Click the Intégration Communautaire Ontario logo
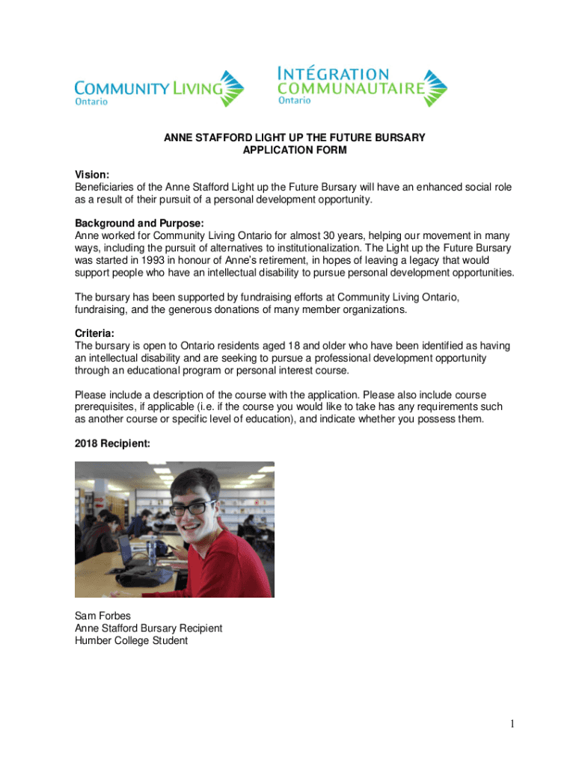361,87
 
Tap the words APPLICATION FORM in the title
295,150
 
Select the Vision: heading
91,174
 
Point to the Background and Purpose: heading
139,223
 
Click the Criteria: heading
96,333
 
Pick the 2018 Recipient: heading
112,443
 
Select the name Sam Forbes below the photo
102,616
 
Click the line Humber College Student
131,640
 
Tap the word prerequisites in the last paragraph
106,407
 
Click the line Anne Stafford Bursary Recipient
148,628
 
